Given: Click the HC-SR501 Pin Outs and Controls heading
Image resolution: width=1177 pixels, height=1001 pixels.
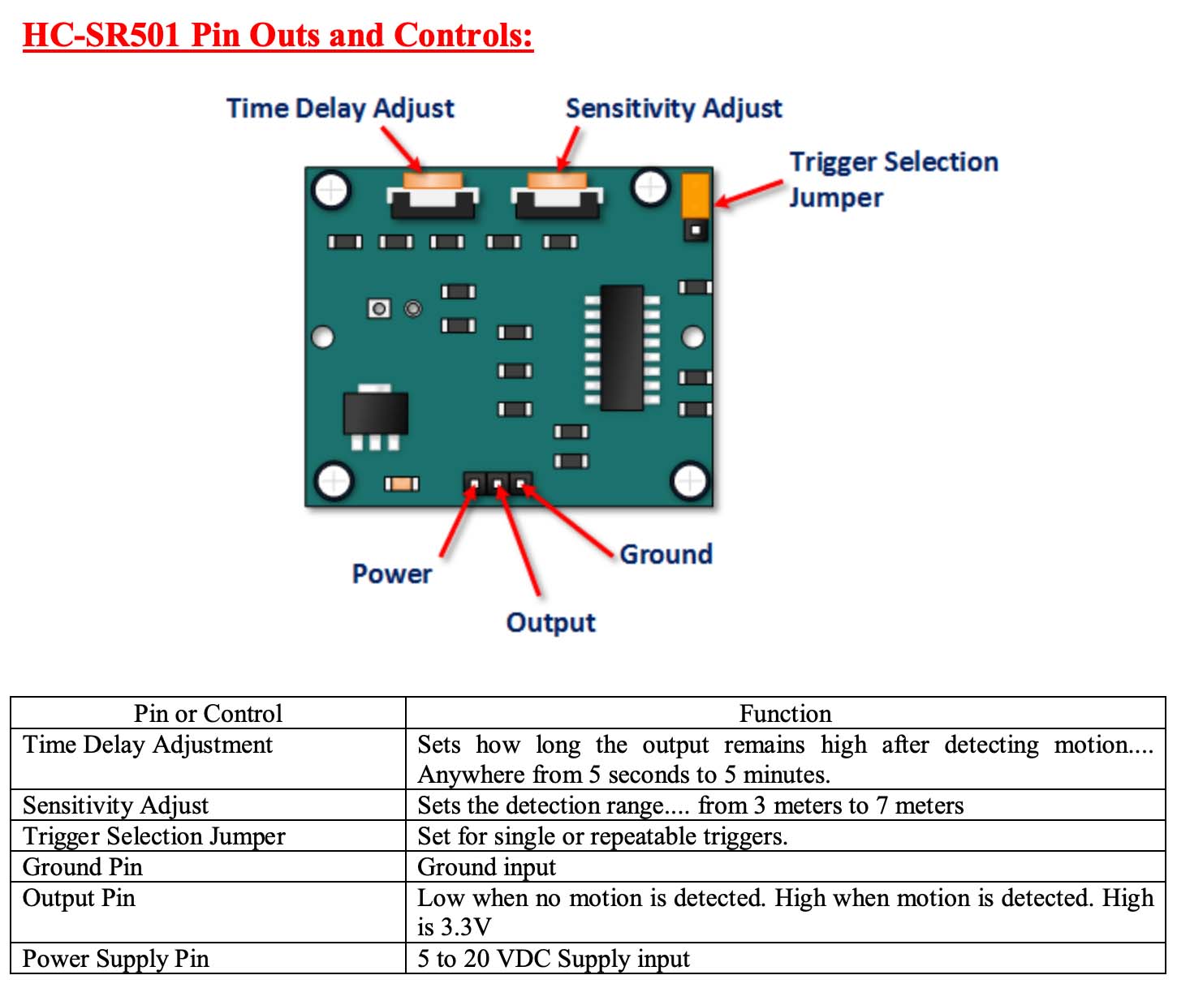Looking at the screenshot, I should coord(278,36).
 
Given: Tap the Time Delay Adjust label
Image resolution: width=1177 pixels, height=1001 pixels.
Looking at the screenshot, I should coord(340,108).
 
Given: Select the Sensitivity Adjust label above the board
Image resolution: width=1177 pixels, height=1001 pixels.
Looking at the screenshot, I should coord(673,108).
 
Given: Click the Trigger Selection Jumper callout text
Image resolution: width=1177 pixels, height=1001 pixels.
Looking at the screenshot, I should coord(892,179).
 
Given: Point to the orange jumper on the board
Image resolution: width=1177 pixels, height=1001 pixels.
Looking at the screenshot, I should coord(696,195).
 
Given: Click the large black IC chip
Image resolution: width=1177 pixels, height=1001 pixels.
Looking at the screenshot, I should coord(622,347).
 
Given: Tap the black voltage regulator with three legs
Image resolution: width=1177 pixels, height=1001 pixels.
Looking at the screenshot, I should coord(375,414).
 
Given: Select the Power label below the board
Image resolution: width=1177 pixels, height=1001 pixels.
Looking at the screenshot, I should coord(392,574).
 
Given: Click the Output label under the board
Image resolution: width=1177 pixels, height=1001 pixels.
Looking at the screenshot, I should coord(550,622).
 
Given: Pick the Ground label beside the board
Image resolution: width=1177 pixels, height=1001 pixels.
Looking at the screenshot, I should coord(666,554).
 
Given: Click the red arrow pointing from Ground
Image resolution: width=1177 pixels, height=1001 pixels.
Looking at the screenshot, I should coord(568,520).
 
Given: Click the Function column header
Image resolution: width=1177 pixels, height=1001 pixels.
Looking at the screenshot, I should coord(785,713).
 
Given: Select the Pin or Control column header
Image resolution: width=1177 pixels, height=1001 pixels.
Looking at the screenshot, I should coord(208,713).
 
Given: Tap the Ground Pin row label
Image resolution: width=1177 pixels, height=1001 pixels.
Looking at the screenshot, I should coord(83,867).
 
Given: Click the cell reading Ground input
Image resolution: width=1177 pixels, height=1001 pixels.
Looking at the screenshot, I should coord(486,867).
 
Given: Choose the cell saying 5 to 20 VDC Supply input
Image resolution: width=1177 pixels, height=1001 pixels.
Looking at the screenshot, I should coord(554,959).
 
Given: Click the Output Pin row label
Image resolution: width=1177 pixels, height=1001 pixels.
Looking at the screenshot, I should coord(79,898).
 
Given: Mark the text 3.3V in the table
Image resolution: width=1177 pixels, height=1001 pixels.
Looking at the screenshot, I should coord(466,927).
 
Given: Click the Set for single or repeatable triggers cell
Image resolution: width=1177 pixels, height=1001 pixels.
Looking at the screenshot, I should coord(602,836).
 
